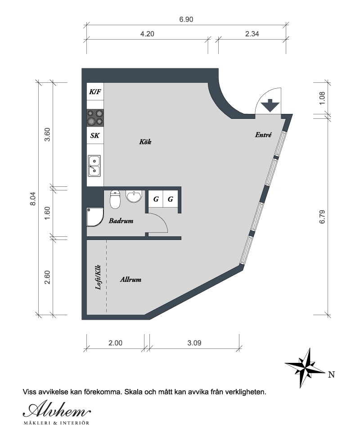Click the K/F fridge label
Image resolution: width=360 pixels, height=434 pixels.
click(x=95, y=91)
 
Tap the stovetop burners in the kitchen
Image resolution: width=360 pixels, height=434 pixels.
click(x=95, y=118)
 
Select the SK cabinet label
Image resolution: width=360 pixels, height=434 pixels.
click(x=95, y=136)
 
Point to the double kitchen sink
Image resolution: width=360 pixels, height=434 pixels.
click(x=94, y=166)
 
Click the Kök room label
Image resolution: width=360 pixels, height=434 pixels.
click(x=145, y=142)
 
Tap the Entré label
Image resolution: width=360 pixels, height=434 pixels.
click(x=263, y=135)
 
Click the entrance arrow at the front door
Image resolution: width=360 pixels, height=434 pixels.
click(x=270, y=105)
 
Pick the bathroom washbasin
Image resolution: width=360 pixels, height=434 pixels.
click(x=134, y=196)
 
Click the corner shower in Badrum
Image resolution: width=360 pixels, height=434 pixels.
click(x=95, y=217)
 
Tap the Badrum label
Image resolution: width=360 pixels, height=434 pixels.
click(x=121, y=221)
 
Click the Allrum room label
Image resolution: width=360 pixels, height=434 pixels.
click(x=130, y=280)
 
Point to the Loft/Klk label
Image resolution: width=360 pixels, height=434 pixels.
click(x=98, y=277)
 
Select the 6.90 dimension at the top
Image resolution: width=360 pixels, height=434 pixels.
click(x=186, y=20)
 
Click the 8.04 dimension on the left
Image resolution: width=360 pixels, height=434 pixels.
click(x=33, y=199)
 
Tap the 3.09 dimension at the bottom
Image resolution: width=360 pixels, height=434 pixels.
click(x=194, y=343)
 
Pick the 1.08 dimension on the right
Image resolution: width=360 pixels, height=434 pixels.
click(x=322, y=98)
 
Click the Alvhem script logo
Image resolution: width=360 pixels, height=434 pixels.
click(x=57, y=410)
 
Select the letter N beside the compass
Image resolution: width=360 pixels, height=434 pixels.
click(x=331, y=375)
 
